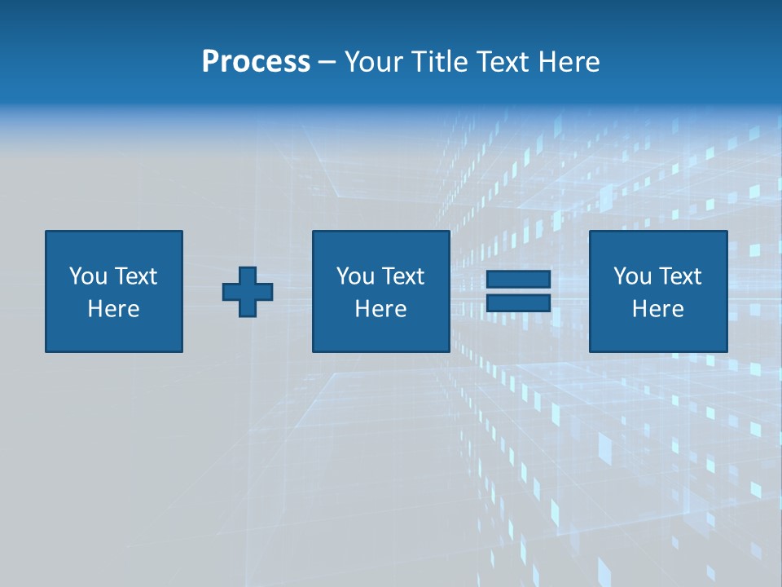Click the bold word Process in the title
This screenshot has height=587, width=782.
coord(256,62)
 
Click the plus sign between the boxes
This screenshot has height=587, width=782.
coord(248,291)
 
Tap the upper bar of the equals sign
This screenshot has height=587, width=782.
coord(518,280)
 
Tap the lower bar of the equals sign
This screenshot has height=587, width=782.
coord(518,302)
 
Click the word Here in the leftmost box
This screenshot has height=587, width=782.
coord(113,309)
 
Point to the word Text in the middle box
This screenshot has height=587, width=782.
coord(402,276)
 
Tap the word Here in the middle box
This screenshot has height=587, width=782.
coord(380,309)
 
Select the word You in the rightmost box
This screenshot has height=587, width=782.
coord(632,276)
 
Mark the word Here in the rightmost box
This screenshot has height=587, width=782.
coord(658,309)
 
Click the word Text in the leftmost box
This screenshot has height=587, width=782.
coord(135,276)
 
